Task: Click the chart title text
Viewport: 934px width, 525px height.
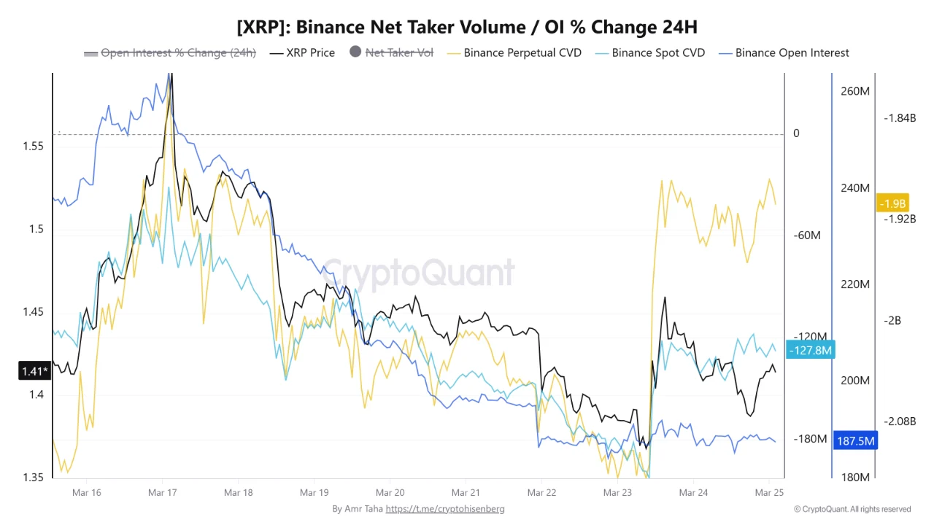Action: pos(467,28)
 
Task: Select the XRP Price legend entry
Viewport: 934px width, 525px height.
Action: pos(302,52)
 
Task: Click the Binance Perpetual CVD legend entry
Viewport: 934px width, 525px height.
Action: pos(514,52)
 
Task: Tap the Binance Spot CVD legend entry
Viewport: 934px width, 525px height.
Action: pos(650,52)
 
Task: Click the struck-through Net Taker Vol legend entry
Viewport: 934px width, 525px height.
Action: pos(391,52)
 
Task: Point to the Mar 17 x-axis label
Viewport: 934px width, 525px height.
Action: pos(162,493)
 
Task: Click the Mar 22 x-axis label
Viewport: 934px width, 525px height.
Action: pos(541,493)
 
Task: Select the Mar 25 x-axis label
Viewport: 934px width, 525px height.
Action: pos(769,493)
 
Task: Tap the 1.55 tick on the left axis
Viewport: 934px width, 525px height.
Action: pos(33,146)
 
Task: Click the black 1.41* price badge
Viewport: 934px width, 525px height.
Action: pos(34,372)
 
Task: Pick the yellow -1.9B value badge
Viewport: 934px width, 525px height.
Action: pos(892,203)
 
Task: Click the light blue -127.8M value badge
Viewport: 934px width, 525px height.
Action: pos(810,351)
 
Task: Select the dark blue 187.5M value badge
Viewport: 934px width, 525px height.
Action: pos(855,441)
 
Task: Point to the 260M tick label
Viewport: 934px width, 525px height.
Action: pos(854,91)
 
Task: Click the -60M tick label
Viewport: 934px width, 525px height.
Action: pos(807,235)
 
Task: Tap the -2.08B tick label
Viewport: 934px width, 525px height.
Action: pos(899,421)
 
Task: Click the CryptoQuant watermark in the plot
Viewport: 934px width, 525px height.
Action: pos(418,273)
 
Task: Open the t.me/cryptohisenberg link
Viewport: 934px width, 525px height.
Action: pos(445,509)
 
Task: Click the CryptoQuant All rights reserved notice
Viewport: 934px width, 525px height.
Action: pos(852,509)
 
